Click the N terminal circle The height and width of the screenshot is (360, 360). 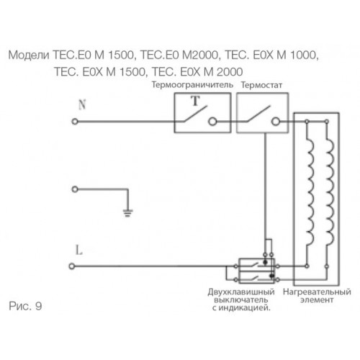(x=75, y=122)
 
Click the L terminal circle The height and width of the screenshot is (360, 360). (x=72, y=266)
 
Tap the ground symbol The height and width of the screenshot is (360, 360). (x=127, y=213)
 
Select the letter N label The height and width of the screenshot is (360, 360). (x=82, y=104)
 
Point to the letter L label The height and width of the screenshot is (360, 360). (x=79, y=250)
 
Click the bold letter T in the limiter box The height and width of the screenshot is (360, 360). (x=196, y=101)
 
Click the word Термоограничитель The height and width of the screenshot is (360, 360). (x=192, y=85)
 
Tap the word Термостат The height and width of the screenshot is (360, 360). (x=261, y=85)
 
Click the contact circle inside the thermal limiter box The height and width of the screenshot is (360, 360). (x=212, y=122)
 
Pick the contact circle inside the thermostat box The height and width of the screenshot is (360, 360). (x=276, y=122)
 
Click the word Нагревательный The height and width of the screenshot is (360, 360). (x=317, y=292)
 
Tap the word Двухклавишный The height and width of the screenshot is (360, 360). (x=241, y=292)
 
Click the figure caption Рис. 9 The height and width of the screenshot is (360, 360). (x=25, y=306)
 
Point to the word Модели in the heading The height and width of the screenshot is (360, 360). (x=29, y=55)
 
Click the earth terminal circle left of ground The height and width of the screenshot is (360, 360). (x=75, y=189)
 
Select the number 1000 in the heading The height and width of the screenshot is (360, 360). (x=303, y=55)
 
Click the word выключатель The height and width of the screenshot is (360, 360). (x=241, y=300)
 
